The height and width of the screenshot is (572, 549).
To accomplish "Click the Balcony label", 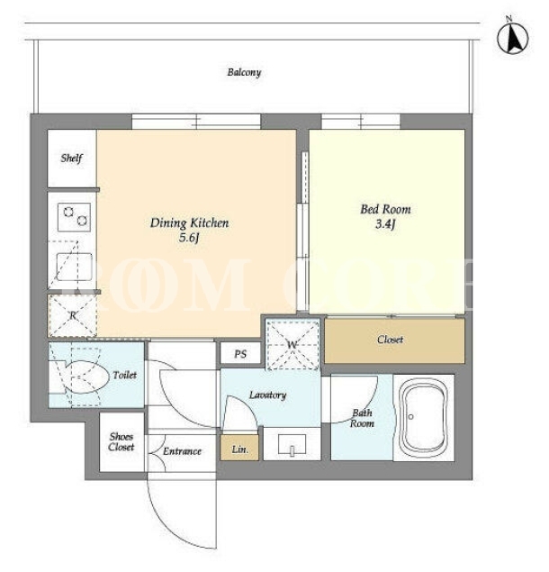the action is pos(244,72).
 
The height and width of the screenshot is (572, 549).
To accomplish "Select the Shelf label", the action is pos(71,158).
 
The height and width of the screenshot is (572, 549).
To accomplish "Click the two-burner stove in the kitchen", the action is pos(74,217).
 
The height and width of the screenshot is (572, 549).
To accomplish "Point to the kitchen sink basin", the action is pos(74,267).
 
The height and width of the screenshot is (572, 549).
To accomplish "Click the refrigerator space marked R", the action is pos(73,315).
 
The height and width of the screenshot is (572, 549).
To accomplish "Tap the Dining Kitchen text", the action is pos(190,222).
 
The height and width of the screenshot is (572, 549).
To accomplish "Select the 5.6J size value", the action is pos(189,238).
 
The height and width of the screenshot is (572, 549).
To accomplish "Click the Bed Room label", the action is pos(386,209).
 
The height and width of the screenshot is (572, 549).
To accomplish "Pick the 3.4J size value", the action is pos(385,223).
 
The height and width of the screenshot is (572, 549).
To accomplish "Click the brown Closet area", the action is pos(395,340).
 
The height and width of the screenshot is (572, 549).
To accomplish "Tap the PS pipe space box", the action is pos(240,353).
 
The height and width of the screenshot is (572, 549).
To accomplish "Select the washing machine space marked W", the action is pos(292,345).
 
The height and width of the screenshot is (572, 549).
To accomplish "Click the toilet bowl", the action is pos(87,377).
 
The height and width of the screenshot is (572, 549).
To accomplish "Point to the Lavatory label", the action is pos(267,395).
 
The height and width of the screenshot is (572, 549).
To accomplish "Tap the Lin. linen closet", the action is pos(240,449).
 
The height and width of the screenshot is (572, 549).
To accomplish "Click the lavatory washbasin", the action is pos(292,444).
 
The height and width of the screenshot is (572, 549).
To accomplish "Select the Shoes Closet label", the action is pos(121,441).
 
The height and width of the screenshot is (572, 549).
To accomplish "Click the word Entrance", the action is pos(182,451).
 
